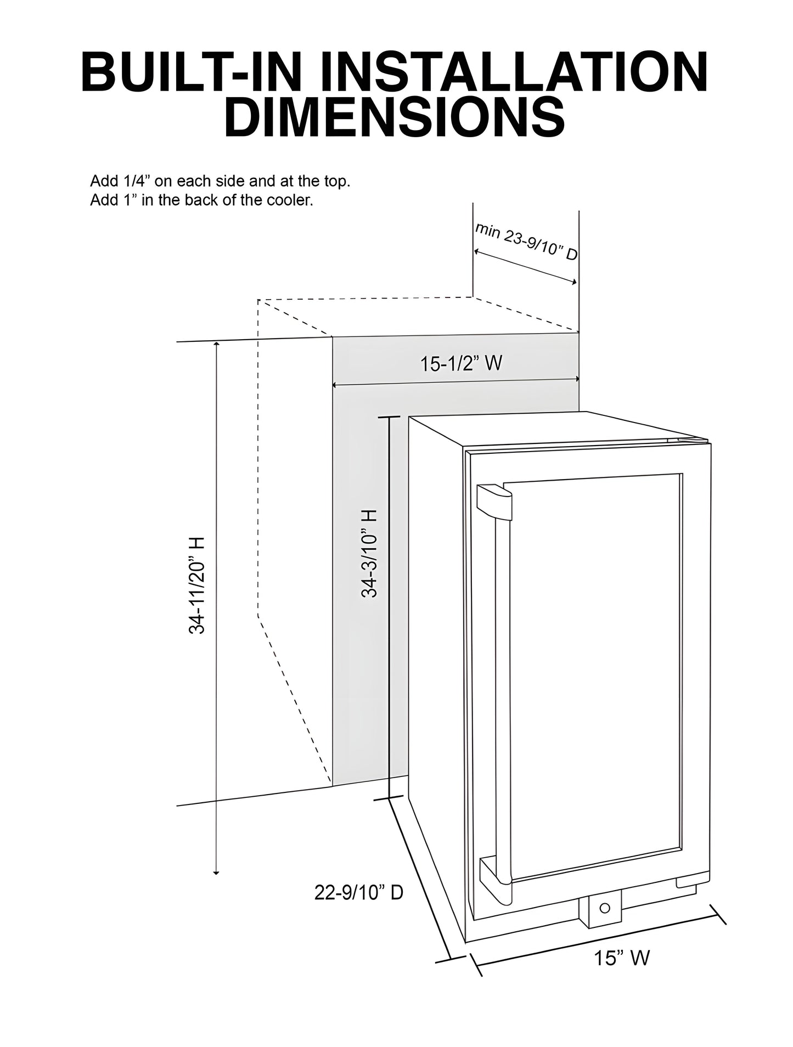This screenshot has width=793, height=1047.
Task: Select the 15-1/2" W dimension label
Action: [461, 363]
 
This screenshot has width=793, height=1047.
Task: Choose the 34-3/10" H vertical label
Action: [369, 553]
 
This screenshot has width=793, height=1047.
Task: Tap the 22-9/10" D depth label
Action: [359, 893]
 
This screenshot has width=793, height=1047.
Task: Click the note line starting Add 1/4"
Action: [220, 182]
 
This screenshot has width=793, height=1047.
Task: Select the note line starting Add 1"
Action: [201, 200]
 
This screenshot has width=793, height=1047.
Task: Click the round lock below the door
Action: [604, 908]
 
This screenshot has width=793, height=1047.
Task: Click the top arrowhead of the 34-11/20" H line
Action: [217, 345]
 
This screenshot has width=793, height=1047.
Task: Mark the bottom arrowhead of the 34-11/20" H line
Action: [217, 873]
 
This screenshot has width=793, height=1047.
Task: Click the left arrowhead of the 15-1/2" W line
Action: [335, 385]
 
